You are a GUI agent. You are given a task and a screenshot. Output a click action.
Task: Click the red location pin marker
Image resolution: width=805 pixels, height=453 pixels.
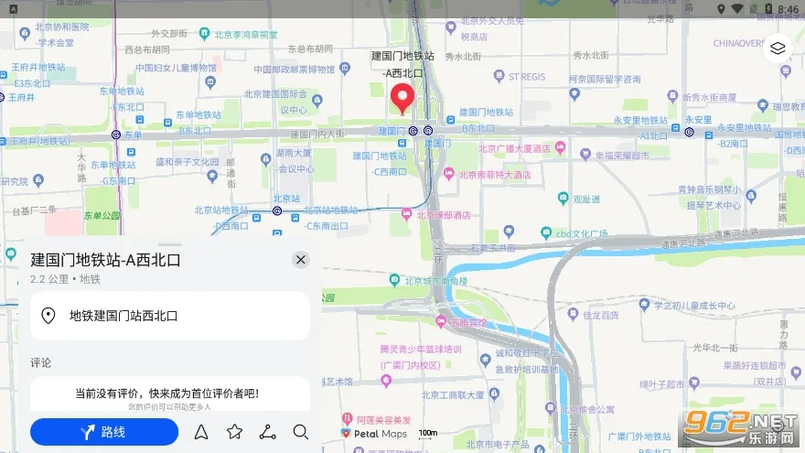(402, 98)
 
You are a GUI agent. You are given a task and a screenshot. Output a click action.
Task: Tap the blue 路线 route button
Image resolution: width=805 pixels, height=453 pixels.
(104, 432)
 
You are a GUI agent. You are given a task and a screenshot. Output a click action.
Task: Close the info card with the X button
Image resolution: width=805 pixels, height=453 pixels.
(301, 260)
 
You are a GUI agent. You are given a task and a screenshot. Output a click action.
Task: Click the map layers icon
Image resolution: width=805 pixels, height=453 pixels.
(778, 49)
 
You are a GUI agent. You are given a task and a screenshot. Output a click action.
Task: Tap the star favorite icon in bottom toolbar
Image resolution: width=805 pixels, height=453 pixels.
(234, 432)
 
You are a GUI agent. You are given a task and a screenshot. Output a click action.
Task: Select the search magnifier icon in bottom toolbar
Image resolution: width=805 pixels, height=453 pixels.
(301, 432)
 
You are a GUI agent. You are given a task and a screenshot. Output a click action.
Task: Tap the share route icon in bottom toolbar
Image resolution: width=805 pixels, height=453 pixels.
(267, 432)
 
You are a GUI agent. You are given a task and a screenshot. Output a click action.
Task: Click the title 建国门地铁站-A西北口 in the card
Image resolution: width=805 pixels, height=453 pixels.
(105, 260)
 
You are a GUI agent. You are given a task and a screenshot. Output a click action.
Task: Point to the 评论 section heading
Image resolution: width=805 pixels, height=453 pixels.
(40, 362)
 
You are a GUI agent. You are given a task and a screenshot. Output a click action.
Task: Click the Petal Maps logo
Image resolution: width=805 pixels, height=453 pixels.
(374, 434)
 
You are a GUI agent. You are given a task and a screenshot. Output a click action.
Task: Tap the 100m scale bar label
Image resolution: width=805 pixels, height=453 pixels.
(427, 433)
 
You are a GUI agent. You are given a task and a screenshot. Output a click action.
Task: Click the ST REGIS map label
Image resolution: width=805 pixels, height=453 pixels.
(526, 77)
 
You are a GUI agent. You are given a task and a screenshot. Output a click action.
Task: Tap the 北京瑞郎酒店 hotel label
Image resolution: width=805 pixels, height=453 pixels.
(443, 215)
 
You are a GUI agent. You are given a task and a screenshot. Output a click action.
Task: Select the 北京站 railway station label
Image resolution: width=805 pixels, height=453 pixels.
(285, 198)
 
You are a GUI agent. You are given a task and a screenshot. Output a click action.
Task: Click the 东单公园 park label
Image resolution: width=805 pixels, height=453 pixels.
(102, 216)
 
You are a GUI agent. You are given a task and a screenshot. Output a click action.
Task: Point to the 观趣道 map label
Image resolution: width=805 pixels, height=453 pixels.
(585, 199)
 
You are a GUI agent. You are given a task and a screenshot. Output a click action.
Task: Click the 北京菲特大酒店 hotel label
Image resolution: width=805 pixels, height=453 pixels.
(493, 174)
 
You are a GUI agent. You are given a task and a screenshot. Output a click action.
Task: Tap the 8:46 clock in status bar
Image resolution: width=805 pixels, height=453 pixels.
(787, 9)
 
